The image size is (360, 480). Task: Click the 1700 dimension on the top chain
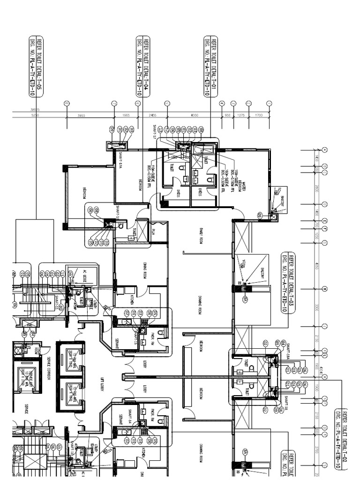pyautogui.click(x=258, y=115)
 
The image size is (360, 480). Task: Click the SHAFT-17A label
pyautogui.click(x=121, y=161)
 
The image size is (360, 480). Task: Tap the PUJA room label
pyautogui.click(x=154, y=232)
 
